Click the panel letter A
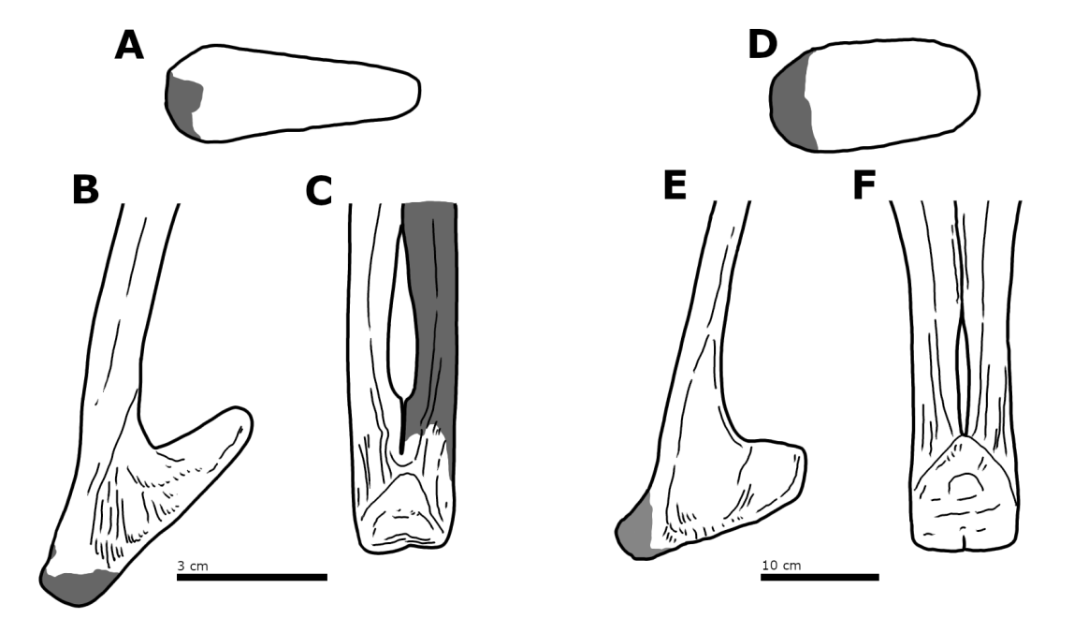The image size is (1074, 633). (129, 45)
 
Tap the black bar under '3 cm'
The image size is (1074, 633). (252, 577)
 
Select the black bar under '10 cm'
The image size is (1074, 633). (819, 577)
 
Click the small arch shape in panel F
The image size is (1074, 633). (964, 484)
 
